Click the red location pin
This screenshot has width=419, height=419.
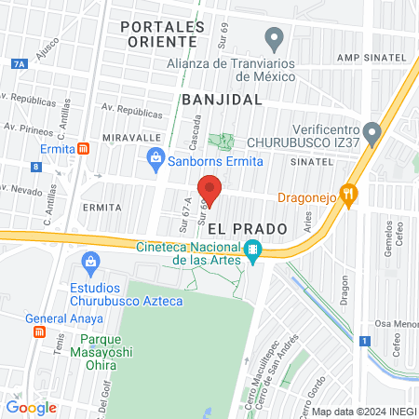pyautogui.click(x=209, y=190)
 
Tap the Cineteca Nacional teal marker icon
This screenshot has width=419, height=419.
pyautogui.click(x=252, y=251)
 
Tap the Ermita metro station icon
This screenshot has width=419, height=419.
pyautogui.click(x=84, y=148)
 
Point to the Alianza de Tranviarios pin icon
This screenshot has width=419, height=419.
pyautogui.click(x=273, y=38)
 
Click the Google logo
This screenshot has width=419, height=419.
pyautogui.click(x=31, y=407)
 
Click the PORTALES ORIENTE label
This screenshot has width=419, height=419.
pyautogui.click(x=163, y=34)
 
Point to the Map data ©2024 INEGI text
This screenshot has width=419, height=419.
pyautogui.click(x=363, y=411)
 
